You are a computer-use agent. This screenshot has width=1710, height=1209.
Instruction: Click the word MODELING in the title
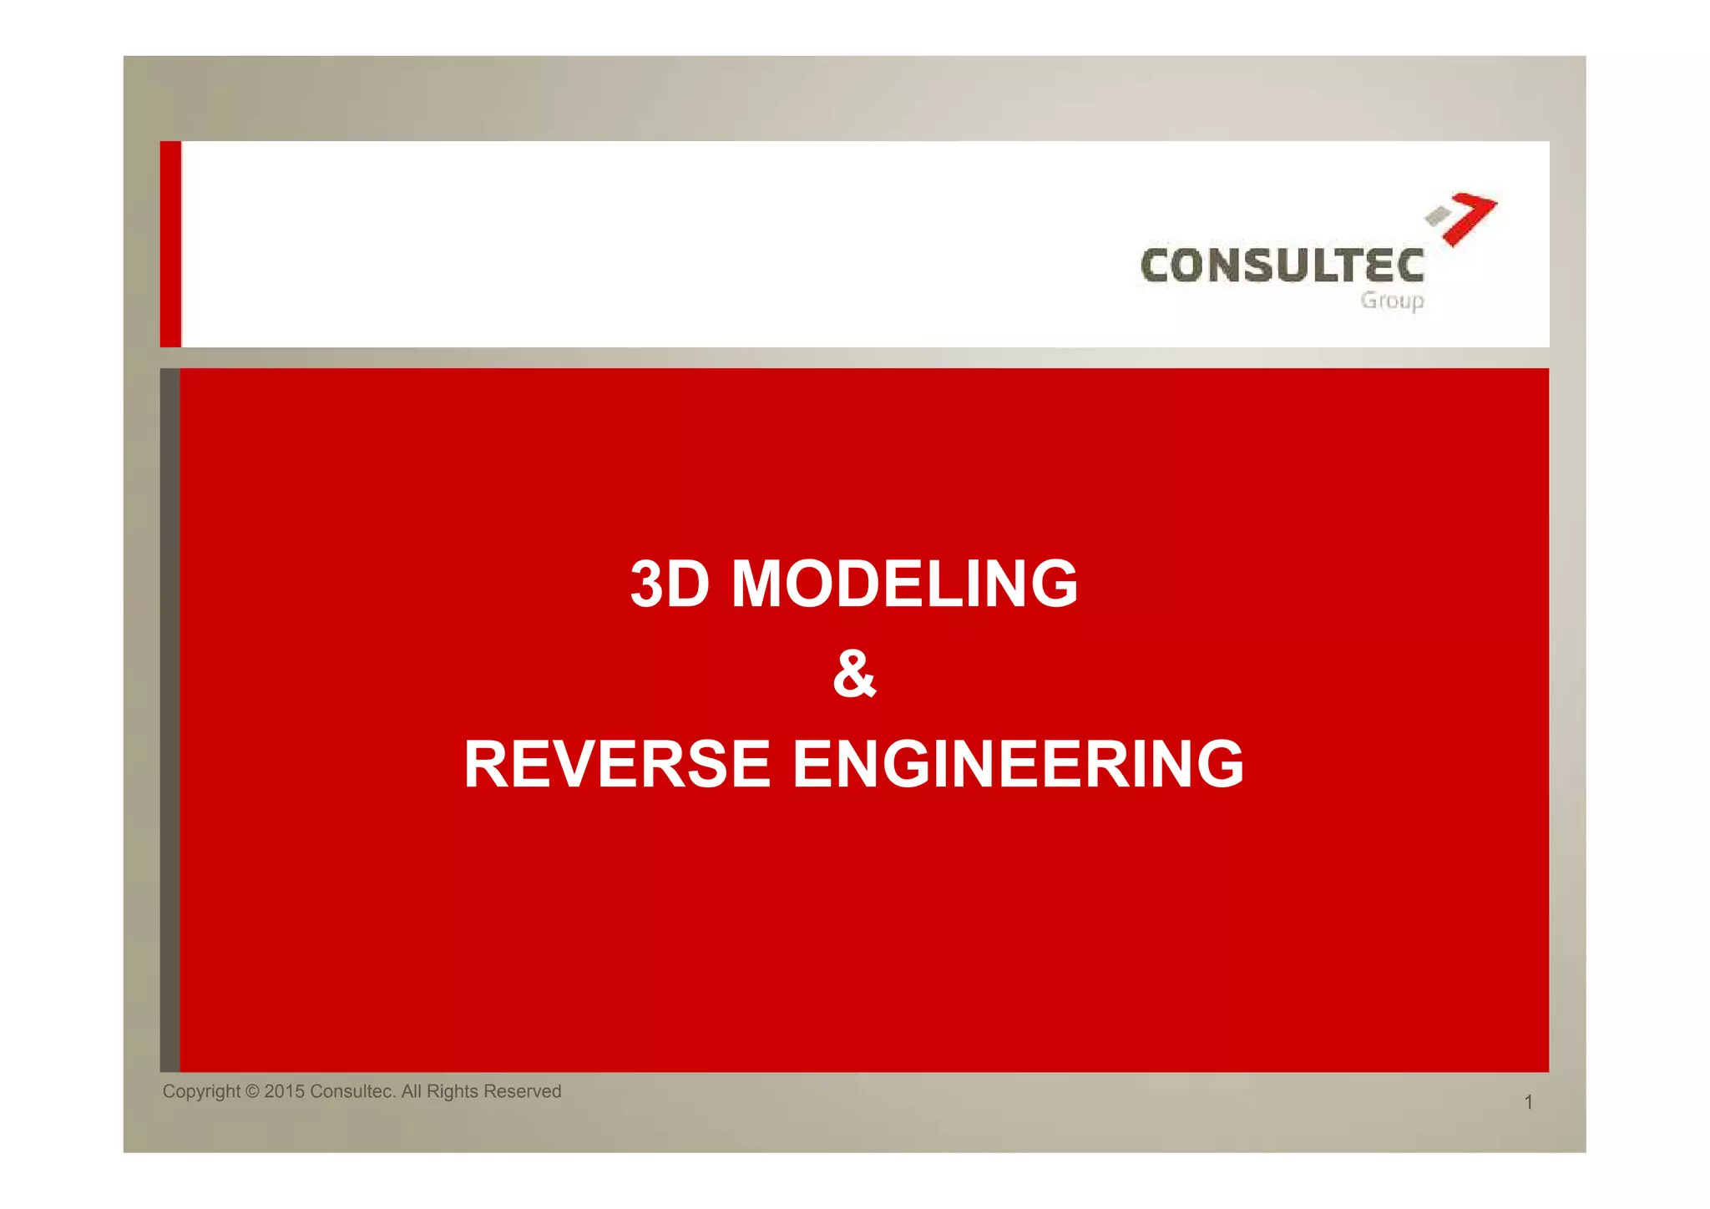click(x=904, y=584)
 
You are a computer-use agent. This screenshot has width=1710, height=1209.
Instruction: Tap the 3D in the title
click(x=670, y=584)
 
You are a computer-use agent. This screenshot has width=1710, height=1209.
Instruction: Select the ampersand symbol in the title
click(x=854, y=674)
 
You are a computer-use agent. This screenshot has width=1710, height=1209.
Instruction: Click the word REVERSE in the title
click(x=617, y=764)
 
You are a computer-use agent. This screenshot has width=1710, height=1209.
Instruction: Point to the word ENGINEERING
click(x=1018, y=764)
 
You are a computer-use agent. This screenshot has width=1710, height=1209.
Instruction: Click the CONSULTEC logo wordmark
click(x=1282, y=266)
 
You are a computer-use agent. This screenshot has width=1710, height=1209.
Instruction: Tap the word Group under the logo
click(x=1392, y=301)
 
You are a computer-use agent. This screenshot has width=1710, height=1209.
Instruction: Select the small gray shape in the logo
click(x=1437, y=216)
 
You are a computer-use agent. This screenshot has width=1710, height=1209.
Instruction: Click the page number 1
click(x=1528, y=1103)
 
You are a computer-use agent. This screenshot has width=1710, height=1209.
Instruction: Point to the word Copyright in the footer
click(x=201, y=1092)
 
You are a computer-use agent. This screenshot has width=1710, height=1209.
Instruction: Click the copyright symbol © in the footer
click(x=252, y=1092)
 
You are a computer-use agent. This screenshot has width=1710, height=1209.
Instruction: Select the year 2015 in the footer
click(x=284, y=1092)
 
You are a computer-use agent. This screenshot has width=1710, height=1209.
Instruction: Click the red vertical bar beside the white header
click(x=170, y=244)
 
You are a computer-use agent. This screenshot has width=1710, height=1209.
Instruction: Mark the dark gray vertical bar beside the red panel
click(x=169, y=720)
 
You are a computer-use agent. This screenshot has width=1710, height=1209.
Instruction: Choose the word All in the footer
click(x=412, y=1092)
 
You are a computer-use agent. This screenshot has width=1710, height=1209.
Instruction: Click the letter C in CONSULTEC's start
click(x=1156, y=266)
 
